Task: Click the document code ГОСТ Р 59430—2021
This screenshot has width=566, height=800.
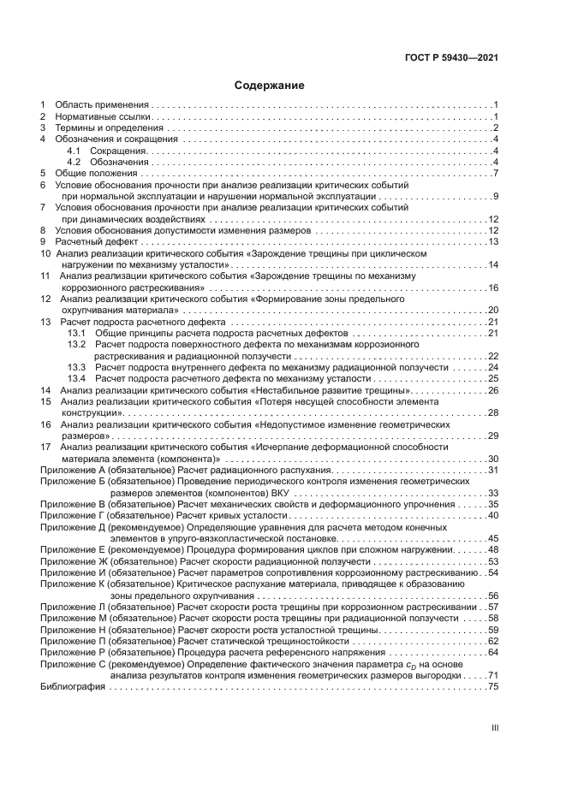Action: pos(451,57)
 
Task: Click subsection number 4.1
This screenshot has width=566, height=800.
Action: pos(74,151)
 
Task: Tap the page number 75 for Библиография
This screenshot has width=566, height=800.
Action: pos(493,686)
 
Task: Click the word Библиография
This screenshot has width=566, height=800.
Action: pos(71,686)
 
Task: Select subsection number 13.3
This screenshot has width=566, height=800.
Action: pos(77,366)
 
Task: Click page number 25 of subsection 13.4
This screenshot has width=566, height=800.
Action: pos(493,377)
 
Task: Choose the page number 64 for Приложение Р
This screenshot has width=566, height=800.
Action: pos(493,652)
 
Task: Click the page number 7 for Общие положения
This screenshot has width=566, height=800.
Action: pos(496,174)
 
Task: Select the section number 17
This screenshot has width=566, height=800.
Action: pos(45,447)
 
